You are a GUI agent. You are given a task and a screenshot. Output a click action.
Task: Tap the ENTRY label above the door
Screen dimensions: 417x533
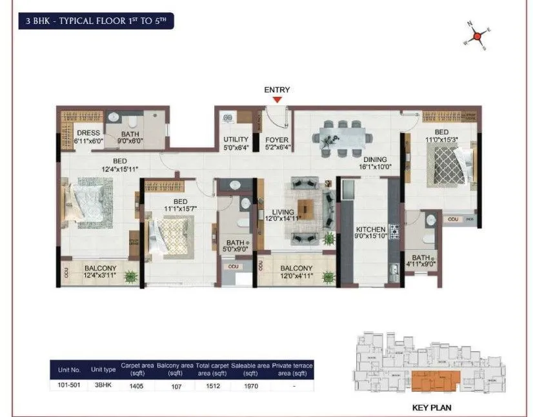click(277, 90)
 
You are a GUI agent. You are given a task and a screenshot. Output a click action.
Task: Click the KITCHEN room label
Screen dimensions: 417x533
click(371, 229)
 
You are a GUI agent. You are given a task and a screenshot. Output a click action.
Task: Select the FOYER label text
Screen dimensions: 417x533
click(277, 139)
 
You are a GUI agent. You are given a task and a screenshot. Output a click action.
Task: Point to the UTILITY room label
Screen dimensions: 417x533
click(235, 139)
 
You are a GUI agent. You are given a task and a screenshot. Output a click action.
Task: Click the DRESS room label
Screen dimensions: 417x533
click(88, 134)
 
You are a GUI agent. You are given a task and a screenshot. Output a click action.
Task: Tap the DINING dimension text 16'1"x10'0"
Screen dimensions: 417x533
click(374, 167)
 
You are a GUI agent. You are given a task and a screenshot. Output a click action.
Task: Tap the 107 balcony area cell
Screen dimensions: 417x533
click(175, 385)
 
